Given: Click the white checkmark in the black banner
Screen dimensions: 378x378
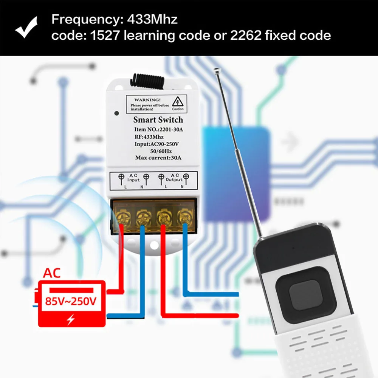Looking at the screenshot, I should point(26,27).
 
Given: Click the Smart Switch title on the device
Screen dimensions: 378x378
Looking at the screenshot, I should point(158,120).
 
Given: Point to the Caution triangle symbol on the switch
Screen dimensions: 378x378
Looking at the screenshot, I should point(177,101).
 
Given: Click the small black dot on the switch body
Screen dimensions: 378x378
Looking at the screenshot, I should point(117,113).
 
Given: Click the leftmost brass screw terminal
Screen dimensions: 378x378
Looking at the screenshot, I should point(122,217).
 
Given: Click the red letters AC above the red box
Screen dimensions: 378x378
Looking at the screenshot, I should point(52,273).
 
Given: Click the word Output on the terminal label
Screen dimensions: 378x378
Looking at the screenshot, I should point(174,180).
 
